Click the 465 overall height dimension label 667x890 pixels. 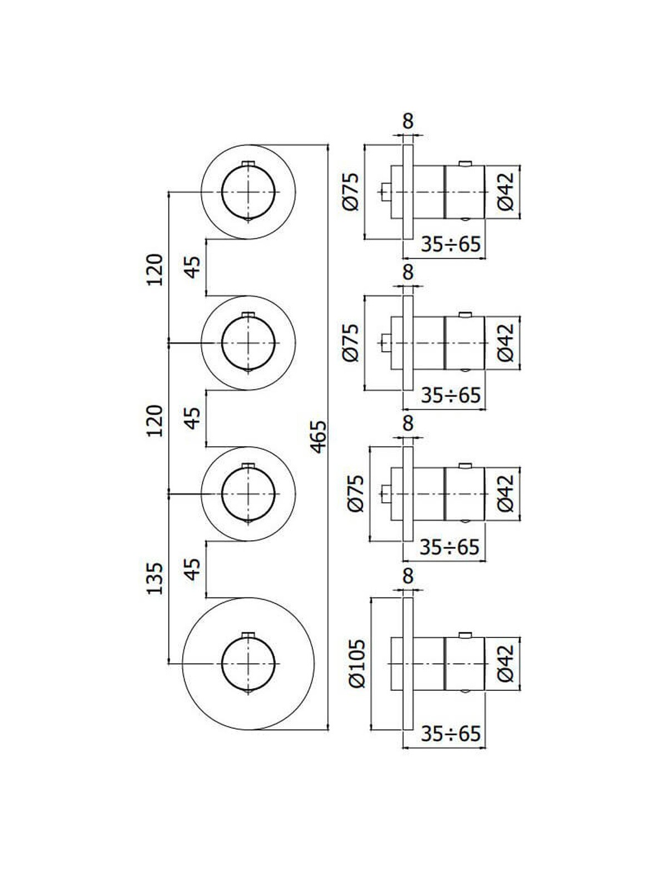[x=318, y=436]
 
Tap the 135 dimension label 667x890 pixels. [x=155, y=578]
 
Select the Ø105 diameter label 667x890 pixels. [x=357, y=663]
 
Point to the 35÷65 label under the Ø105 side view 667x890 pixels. [x=450, y=734]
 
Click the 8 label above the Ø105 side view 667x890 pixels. [x=408, y=576]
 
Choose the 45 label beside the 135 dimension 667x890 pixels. [x=192, y=569]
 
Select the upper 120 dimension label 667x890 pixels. [x=155, y=270]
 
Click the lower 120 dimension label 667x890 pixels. [x=155, y=421]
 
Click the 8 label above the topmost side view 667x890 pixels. [x=408, y=121]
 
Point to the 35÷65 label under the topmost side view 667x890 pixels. [x=450, y=244]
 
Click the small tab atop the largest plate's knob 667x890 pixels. [x=248, y=635]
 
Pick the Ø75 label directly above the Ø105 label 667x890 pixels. [x=357, y=493]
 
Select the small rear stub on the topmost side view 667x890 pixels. [x=384, y=192]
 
